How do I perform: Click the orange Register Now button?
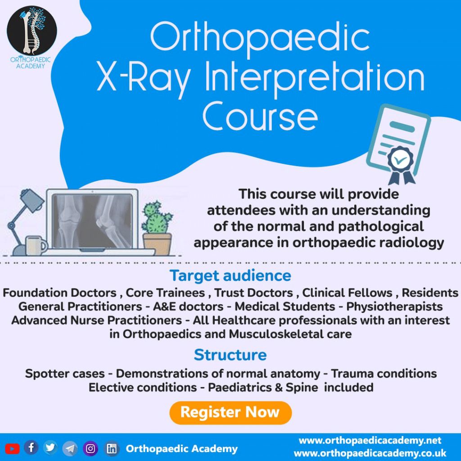tap(230, 412)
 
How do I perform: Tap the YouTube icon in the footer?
tap(12, 449)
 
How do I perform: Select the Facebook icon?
tap(31, 447)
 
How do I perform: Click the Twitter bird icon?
tap(50, 447)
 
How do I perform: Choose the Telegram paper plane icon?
tap(70, 448)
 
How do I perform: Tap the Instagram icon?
tap(90, 449)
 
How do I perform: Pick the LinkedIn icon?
tap(112, 449)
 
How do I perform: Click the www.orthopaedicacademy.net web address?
tap(370, 440)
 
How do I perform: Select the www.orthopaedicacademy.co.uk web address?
tap(370, 453)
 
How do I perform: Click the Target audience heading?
tap(230, 276)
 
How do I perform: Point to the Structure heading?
tap(230, 355)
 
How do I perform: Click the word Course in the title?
tap(260, 117)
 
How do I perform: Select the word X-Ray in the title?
tap(144, 78)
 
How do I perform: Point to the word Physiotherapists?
tap(394, 307)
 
